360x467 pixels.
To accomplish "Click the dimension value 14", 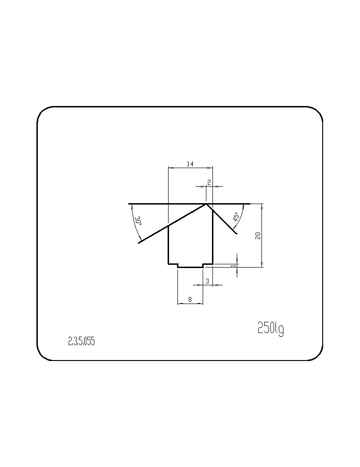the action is point(190,164).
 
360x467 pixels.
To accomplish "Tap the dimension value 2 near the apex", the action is point(209,183).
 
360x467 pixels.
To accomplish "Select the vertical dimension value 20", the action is point(258,235).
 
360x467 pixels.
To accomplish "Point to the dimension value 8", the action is point(191,299).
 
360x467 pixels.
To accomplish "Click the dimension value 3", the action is point(207,281).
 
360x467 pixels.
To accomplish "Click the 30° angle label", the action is point(138,220).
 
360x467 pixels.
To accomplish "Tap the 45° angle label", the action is point(236,217).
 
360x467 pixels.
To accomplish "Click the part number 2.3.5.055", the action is point(81,341).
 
